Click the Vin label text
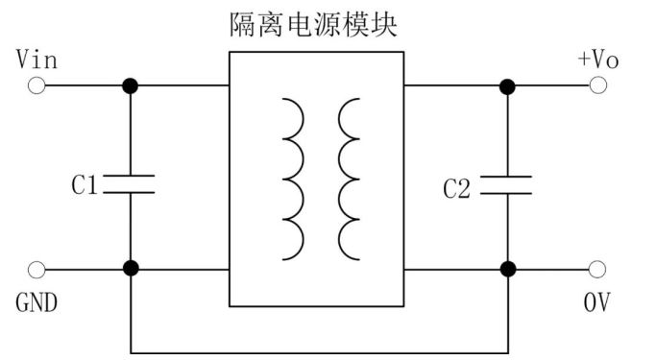pyautogui.click(x=37, y=60)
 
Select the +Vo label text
pyautogui.click(x=597, y=60)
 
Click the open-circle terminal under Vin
pyautogui.click(x=36, y=85)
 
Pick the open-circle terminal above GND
pyautogui.click(x=36, y=269)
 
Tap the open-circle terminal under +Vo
pyautogui.click(x=597, y=85)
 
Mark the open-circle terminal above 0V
pyautogui.click(x=597, y=269)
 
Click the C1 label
pyautogui.click(x=85, y=185)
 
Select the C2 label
pyautogui.click(x=456, y=188)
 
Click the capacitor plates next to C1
pyautogui.click(x=130, y=183)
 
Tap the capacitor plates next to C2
pyautogui.click(x=506, y=183)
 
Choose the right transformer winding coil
pyautogui.click(x=348, y=178)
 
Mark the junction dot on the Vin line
pyautogui.click(x=130, y=85)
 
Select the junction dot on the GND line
pyautogui.click(x=130, y=269)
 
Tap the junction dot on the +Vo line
pyautogui.click(x=506, y=85)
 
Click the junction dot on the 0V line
pyautogui.click(x=506, y=269)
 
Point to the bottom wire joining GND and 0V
pyautogui.click(x=317, y=351)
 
